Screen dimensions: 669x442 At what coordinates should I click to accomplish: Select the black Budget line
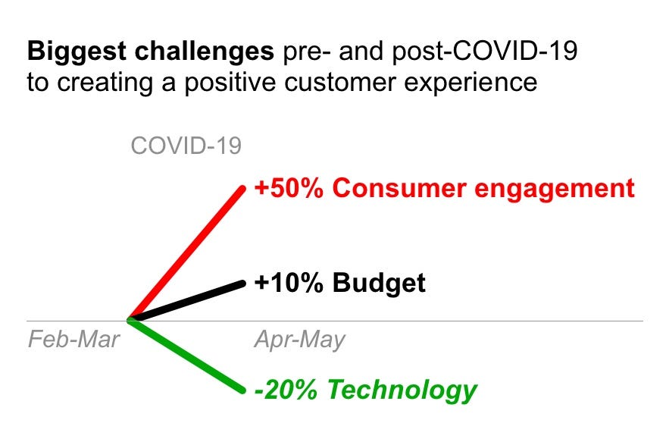(x=186, y=301)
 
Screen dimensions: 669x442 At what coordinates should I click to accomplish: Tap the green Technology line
(x=186, y=356)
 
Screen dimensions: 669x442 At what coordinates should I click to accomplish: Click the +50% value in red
(x=289, y=188)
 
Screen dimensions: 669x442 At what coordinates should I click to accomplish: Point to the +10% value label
(x=289, y=283)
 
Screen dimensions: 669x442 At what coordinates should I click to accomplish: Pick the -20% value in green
(x=286, y=390)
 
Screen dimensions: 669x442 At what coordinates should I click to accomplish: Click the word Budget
(x=379, y=284)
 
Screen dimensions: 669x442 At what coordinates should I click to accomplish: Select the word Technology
(x=402, y=390)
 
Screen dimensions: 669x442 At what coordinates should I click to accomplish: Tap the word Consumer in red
(x=399, y=188)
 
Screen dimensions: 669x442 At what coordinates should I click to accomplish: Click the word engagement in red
(x=555, y=190)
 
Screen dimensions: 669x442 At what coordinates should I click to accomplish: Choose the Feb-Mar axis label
(x=73, y=340)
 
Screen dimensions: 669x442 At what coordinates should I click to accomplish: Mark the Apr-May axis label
(x=299, y=341)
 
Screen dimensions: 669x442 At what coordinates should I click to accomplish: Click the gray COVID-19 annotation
(x=186, y=146)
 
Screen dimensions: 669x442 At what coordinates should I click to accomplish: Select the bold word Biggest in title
(x=77, y=52)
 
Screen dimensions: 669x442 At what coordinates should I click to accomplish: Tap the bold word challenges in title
(x=205, y=52)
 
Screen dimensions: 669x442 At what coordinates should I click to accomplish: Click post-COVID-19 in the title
(x=485, y=52)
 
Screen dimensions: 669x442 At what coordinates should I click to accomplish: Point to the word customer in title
(x=340, y=83)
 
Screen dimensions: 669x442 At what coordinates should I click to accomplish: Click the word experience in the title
(x=470, y=83)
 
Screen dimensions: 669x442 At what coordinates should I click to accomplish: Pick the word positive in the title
(x=230, y=83)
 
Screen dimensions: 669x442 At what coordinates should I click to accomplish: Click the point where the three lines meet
(x=130, y=319)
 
